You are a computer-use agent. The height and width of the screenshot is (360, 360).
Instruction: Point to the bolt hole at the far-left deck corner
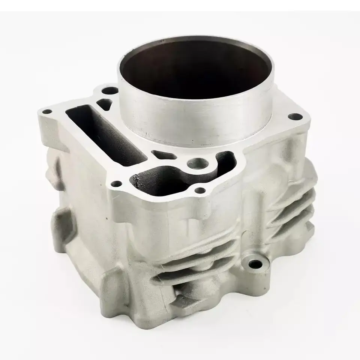click(46, 112)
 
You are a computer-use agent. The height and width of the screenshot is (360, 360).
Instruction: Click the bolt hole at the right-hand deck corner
click(295, 117)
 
